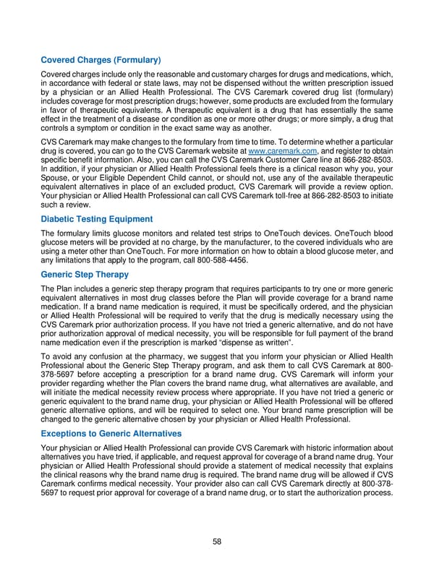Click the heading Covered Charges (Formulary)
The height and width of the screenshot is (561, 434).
[x=101, y=59]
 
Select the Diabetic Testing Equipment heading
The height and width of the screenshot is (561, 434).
[x=97, y=219]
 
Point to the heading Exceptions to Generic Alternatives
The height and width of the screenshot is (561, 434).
[x=111, y=433]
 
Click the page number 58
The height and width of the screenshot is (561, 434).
[x=217, y=541]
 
